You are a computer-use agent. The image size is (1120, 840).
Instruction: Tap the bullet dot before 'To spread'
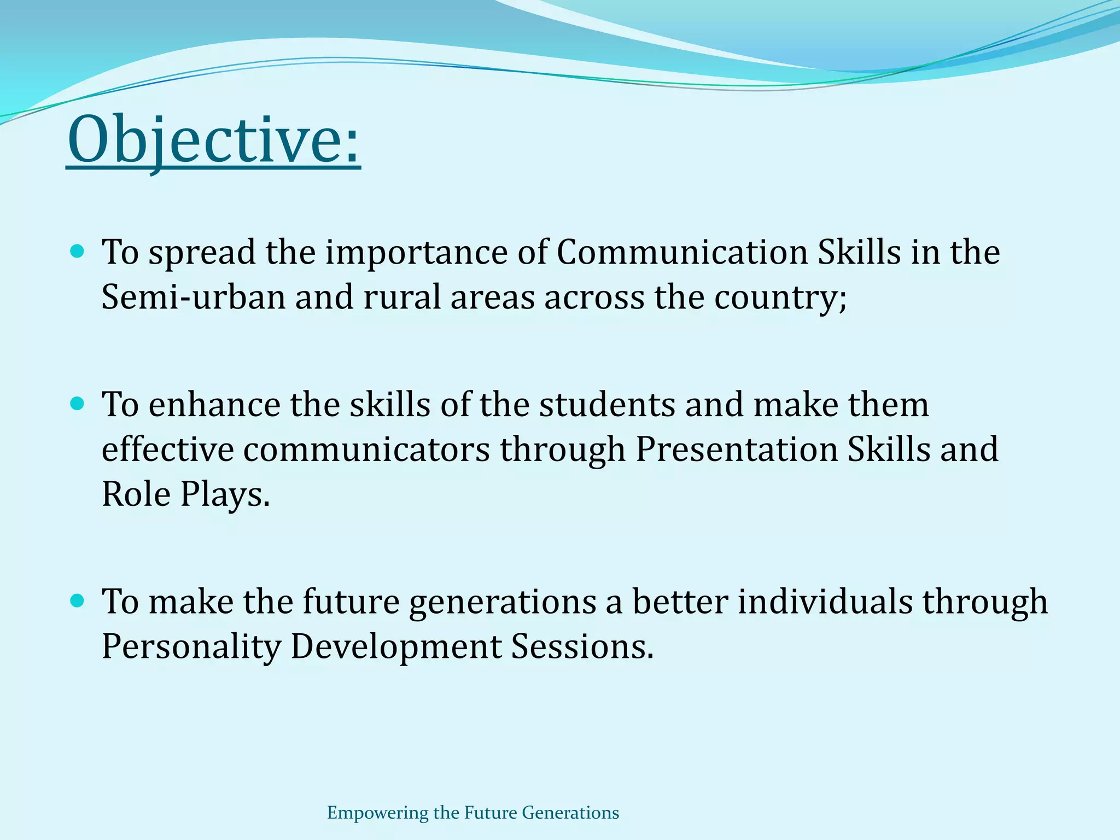click(78, 252)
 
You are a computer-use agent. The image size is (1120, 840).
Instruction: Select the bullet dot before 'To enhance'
click(78, 404)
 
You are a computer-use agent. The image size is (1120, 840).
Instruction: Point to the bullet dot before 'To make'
click(78, 601)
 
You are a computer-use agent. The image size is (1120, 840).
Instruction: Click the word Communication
click(682, 253)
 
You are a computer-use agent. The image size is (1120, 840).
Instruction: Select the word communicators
click(366, 450)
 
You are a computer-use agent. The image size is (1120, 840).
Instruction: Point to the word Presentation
click(736, 450)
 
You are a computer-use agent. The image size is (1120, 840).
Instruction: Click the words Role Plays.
click(186, 495)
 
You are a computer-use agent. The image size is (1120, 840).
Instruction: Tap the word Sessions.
click(582, 646)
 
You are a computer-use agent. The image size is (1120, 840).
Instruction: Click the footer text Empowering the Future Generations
click(473, 813)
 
